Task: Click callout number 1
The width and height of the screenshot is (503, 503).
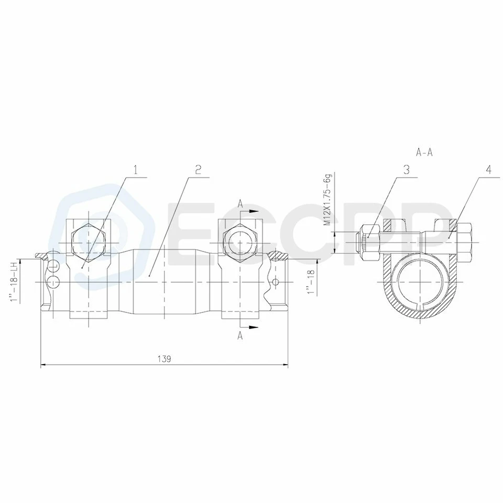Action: pos(135,170)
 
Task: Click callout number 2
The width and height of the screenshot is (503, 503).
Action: pos(198,170)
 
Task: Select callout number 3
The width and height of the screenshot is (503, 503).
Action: pos(406,170)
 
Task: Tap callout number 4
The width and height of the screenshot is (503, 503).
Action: pos(488,170)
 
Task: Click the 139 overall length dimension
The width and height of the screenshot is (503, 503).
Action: pos(164,359)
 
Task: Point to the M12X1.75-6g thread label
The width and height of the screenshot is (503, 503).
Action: pos(328,202)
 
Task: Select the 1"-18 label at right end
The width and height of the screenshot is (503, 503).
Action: pos(311,281)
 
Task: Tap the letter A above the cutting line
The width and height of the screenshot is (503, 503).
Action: pos(240,203)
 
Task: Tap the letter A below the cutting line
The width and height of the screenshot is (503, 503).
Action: pos(240,336)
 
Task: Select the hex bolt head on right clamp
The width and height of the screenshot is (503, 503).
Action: pos(239,239)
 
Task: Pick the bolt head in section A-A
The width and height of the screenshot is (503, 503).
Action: pos(464,239)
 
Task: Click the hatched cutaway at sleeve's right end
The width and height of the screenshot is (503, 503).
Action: pos(278,257)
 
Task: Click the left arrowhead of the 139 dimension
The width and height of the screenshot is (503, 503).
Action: pos(43,365)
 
